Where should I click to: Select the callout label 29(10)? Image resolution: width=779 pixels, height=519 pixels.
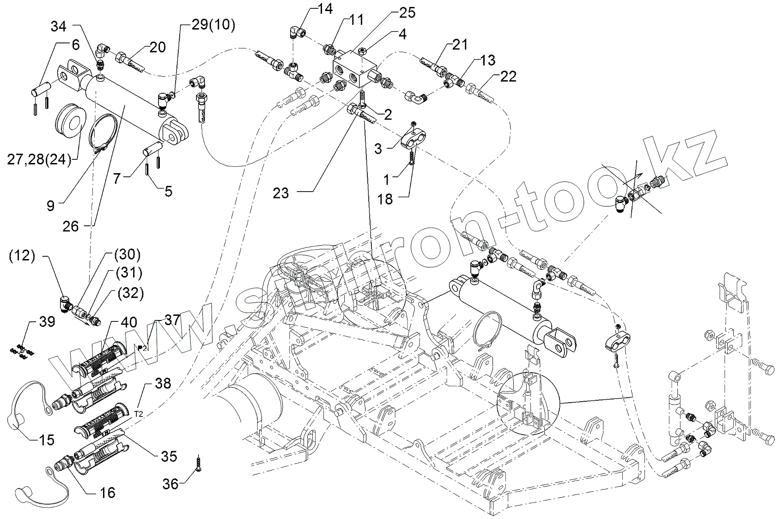tap(213, 25)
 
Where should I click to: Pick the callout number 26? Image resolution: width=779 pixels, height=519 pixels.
tap(71, 226)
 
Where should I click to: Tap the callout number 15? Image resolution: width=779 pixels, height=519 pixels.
tap(44, 439)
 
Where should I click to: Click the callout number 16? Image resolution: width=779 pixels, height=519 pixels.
tap(107, 493)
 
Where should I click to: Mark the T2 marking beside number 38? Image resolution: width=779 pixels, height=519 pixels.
tap(139, 414)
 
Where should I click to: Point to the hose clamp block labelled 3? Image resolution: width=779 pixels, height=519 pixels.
tap(412, 139)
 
